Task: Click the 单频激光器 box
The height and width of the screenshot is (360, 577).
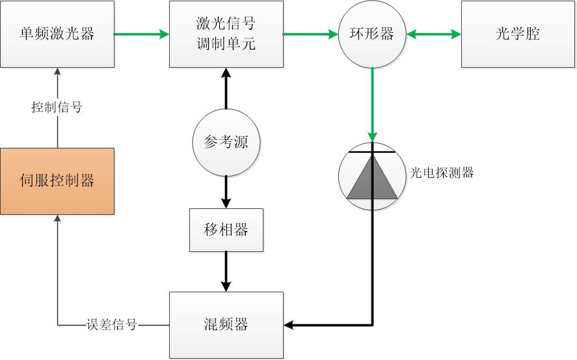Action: pyautogui.click(x=57, y=35)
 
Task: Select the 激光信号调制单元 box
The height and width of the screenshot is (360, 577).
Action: pyautogui.click(x=226, y=35)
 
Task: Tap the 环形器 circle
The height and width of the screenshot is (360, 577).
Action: pyautogui.click(x=372, y=34)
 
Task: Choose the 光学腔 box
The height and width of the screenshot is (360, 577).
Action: pyautogui.click(x=518, y=35)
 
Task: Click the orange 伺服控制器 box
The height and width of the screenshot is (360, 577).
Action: pyautogui.click(x=57, y=181)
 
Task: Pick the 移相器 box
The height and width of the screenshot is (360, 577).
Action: pyautogui.click(x=226, y=230)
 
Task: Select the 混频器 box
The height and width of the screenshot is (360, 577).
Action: pyautogui.click(x=226, y=324)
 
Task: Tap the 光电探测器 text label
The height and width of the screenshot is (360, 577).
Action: pyautogui.click(x=442, y=173)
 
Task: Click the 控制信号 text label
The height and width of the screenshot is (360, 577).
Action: pyautogui.click(x=57, y=107)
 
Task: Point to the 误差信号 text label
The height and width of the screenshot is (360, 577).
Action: pyautogui.click(x=112, y=324)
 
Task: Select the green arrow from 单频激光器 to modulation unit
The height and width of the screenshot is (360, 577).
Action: pyautogui.click(x=142, y=34)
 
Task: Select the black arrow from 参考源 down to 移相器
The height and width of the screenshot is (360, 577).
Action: pyautogui.click(x=226, y=191)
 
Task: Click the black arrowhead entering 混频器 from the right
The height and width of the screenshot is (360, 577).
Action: pyautogui.click(x=290, y=324)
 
